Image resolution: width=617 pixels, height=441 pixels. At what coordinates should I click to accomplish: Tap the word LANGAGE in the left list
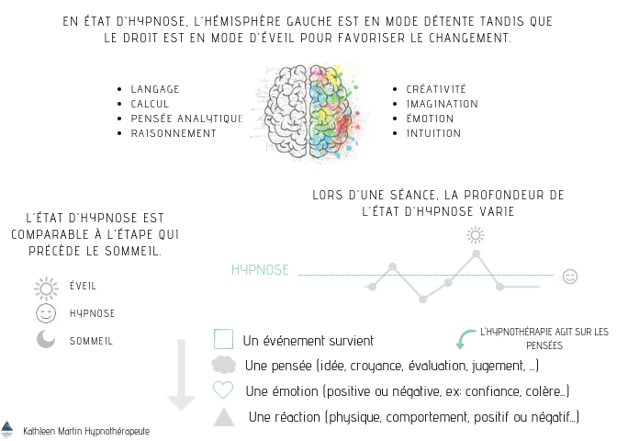[155, 89]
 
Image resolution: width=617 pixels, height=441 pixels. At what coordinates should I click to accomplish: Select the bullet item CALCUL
[151, 104]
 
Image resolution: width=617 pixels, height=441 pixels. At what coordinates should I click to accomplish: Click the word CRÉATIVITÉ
[436, 89]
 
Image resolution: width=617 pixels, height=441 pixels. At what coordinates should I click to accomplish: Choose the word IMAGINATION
[442, 104]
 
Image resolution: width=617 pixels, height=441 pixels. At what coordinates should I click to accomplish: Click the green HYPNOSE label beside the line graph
[260, 270]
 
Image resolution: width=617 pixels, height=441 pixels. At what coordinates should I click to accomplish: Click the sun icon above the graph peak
[476, 234]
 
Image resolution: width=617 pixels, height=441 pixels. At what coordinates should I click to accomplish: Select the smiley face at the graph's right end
[570, 276]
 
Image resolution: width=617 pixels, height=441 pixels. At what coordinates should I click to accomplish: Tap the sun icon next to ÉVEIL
[45, 288]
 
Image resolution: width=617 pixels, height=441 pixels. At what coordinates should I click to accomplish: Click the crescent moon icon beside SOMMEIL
[45, 340]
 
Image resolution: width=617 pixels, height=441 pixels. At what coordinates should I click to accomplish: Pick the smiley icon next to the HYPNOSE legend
[45, 313]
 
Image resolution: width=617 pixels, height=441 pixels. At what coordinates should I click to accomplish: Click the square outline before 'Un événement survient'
[223, 339]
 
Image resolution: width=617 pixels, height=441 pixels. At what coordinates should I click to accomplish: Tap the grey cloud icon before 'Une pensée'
[223, 365]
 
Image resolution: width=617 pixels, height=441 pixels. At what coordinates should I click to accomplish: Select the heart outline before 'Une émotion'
[223, 390]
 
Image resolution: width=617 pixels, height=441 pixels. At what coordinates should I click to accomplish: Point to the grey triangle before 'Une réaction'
[223, 417]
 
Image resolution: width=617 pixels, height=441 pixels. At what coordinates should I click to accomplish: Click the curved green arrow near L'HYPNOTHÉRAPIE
[466, 337]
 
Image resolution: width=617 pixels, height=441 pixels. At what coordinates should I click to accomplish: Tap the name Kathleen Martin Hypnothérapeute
[86, 430]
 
